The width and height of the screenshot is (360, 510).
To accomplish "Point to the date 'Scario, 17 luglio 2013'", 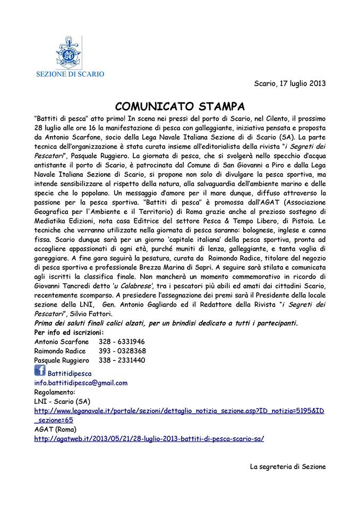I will click(290, 83).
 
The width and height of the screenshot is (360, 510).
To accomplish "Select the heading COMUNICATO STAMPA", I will click(179, 103).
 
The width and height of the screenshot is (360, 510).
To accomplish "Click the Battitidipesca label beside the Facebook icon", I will click(70, 373).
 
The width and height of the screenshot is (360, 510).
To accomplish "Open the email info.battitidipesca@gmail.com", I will click(80, 382).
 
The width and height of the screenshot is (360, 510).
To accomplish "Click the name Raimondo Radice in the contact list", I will click(60, 351).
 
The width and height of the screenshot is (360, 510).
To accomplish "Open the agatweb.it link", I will click(149, 439).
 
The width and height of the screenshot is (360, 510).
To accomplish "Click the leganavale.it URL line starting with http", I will click(179, 411).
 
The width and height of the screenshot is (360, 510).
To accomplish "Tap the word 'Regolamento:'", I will click(54, 392).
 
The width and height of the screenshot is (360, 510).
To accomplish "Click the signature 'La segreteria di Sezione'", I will click(287, 466).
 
